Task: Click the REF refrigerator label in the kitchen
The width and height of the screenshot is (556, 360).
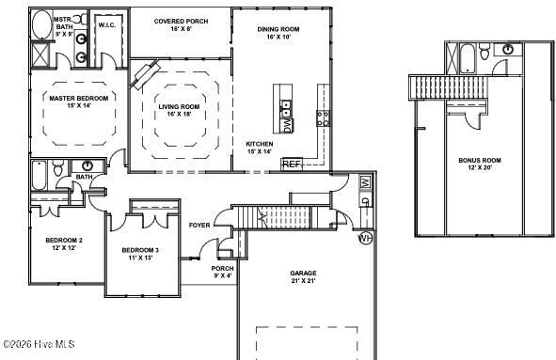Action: (x=293, y=164)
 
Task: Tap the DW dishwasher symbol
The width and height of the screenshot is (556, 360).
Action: (x=288, y=125)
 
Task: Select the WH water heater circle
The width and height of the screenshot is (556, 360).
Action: (x=365, y=238)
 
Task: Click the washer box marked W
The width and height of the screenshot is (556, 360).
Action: (x=366, y=182)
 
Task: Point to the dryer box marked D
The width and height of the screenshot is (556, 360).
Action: (x=366, y=200)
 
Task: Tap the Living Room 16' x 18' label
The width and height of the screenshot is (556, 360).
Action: (x=179, y=111)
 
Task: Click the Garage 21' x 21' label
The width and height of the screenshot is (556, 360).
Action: (x=303, y=277)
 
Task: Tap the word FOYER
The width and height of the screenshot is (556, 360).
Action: (x=199, y=226)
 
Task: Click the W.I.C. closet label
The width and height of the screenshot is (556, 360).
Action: (x=106, y=25)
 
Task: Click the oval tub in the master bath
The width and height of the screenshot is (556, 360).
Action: (x=41, y=24)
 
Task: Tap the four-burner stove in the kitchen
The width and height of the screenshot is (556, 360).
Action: (x=323, y=118)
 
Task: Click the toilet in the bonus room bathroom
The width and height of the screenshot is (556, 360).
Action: (x=485, y=52)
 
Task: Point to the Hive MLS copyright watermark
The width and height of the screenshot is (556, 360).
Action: (x=39, y=344)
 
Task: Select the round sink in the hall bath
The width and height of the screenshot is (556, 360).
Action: (x=87, y=165)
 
